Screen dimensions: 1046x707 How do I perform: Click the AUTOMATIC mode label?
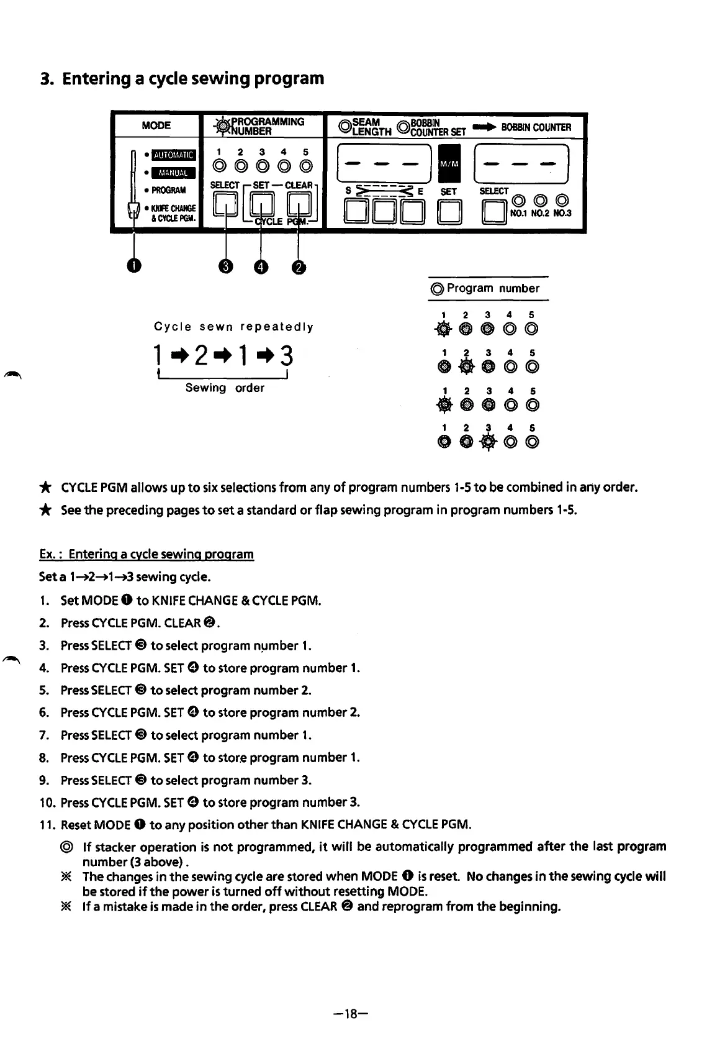coord(174,155)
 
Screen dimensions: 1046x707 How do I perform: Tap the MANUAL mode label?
coord(174,173)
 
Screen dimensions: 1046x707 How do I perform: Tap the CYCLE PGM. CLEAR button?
coord(299,204)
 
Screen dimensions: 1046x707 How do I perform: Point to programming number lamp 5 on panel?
coord(305,166)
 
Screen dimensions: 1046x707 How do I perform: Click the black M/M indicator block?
coord(449,163)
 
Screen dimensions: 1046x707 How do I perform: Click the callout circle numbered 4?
coord(261,266)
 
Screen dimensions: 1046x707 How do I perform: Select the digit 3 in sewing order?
coord(286,357)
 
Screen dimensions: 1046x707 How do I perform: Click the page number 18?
coord(352,1014)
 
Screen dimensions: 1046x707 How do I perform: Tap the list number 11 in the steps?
coord(47,825)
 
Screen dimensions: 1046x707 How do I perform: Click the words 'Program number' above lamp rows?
coord(493,288)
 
